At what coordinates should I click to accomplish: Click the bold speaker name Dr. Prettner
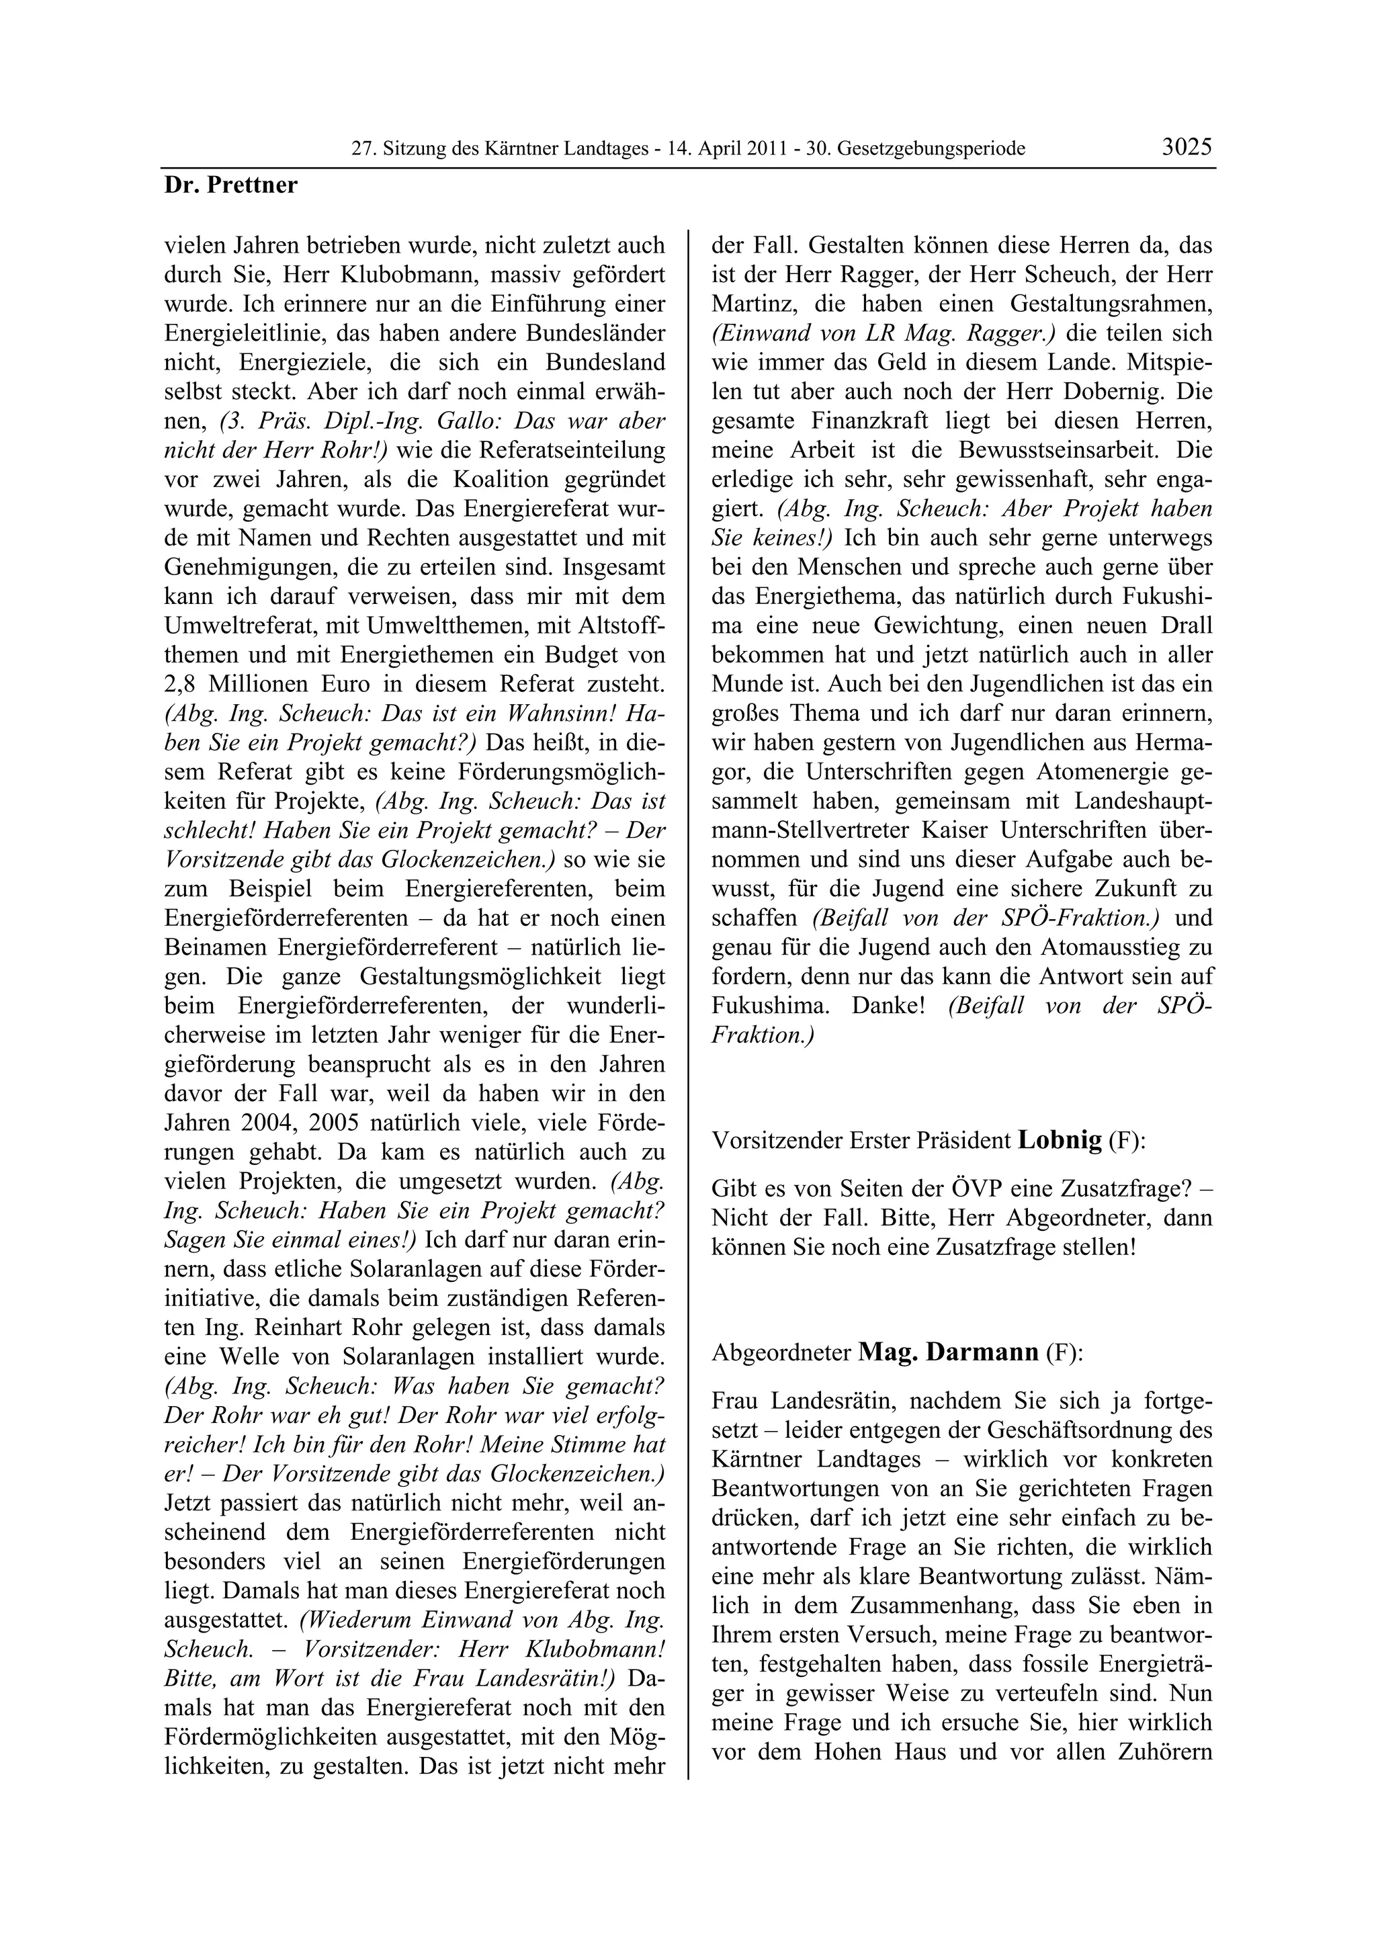pyautogui.click(x=230, y=185)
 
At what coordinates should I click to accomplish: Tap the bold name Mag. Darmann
pyautogui.click(x=949, y=1351)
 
